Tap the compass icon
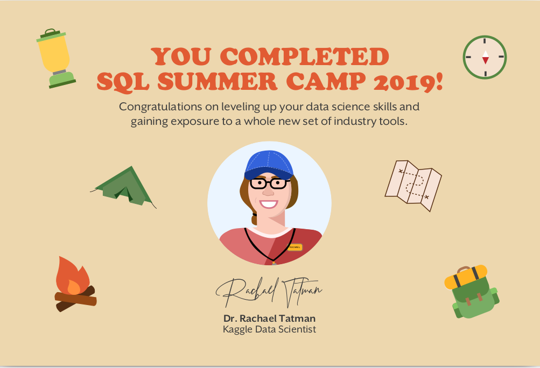point(485,57)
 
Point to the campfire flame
point(71,277)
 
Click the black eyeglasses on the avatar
point(268,183)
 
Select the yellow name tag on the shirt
point(294,247)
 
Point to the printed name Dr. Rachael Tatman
point(269,318)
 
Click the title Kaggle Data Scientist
point(269,329)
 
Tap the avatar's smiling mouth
point(268,204)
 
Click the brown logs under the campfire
point(75,299)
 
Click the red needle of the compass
point(485,60)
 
